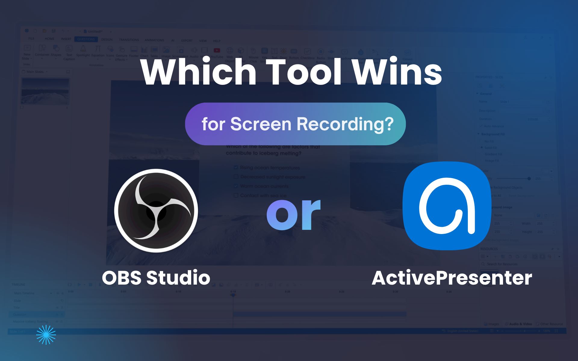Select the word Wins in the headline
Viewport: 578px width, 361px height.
coord(397,72)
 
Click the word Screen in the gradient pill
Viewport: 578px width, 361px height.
coord(261,124)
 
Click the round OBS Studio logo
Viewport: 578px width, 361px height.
coord(156,211)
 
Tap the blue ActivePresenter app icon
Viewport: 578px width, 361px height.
coord(447,206)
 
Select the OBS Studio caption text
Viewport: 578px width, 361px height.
coord(156,277)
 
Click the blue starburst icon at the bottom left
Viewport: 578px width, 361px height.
coord(46,335)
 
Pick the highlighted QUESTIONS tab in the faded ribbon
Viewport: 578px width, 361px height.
coord(86,39)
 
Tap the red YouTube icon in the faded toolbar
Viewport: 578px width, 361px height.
coord(217,51)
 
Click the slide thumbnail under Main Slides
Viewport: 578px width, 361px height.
coord(45,91)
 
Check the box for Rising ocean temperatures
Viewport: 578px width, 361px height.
coord(236,167)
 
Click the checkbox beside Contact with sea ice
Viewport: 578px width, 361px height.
coord(236,196)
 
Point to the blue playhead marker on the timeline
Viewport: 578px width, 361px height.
coord(233,295)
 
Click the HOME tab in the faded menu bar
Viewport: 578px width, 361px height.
coord(49,39)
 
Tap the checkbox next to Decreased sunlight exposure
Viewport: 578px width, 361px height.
coord(236,177)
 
